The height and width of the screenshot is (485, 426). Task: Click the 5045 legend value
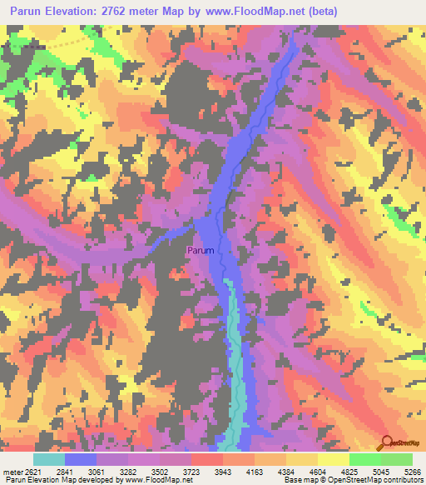click(382, 471)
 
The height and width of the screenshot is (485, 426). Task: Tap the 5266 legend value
click(413, 471)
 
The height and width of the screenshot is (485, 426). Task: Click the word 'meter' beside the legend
click(12, 471)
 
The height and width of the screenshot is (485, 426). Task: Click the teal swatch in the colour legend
click(49, 459)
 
